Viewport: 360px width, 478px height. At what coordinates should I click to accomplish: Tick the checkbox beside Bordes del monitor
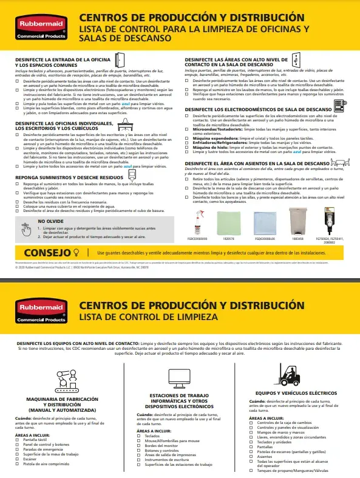pos(140,445)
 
